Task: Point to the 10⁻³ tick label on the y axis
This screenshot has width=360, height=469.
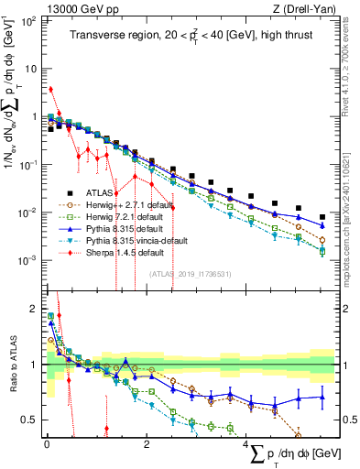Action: tap(29, 260)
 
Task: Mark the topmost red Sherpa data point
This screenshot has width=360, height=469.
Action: tap(50, 90)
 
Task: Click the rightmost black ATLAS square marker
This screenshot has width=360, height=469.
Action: tap(322, 217)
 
